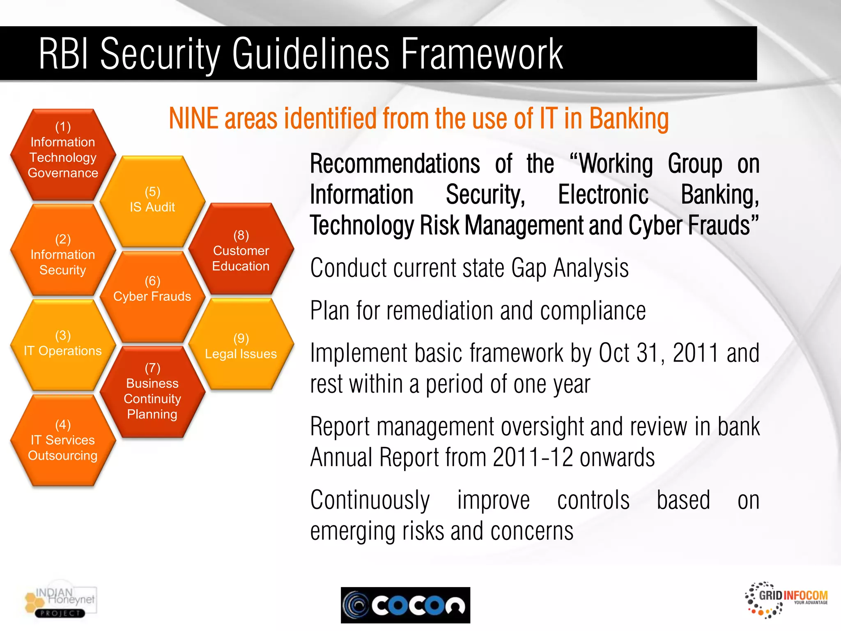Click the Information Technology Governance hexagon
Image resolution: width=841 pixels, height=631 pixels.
tap(63, 154)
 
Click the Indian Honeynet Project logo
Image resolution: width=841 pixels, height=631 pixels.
tap(61, 602)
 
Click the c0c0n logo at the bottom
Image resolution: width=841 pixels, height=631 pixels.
tap(405, 605)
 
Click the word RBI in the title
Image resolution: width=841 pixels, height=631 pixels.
tap(63, 54)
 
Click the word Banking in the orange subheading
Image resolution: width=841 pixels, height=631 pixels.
tap(629, 119)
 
